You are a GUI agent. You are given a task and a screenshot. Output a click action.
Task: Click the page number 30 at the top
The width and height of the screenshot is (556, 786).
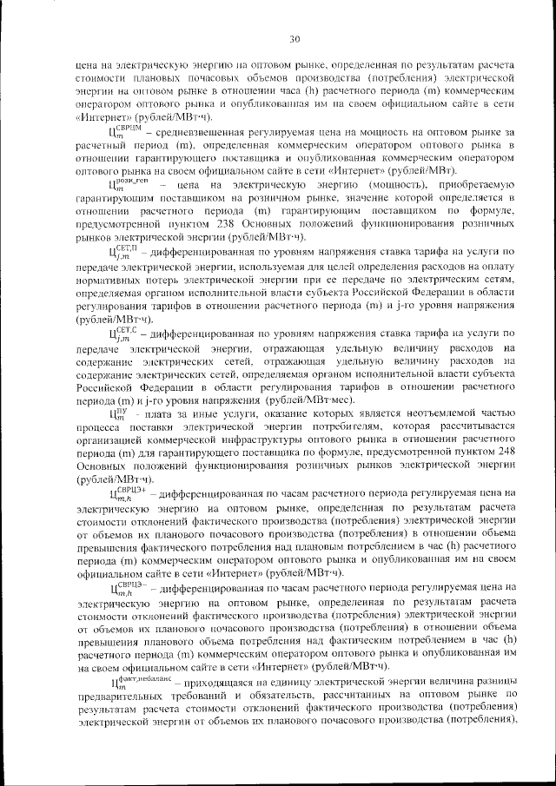(x=295, y=38)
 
